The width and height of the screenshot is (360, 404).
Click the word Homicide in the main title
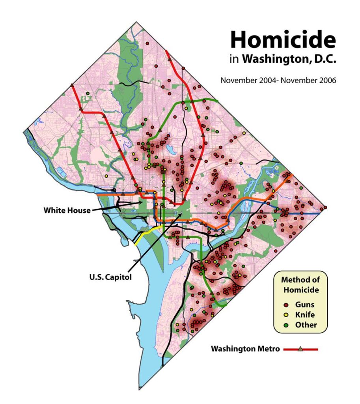pos(283,39)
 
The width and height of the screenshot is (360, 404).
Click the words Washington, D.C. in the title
pos(289,59)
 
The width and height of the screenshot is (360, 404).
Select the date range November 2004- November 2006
pos(278,80)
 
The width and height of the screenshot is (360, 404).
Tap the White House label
pos(67,210)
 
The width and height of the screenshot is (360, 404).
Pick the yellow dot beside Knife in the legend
pos(287,315)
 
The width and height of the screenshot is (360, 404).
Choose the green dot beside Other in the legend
pos(287,325)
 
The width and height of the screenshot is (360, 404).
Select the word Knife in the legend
pos(304,315)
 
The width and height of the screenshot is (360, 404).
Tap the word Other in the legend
pos(306,325)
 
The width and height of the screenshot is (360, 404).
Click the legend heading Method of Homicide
pos(300,284)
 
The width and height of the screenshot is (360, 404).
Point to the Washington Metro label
pos(245,349)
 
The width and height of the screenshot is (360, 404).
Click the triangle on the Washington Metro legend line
pos(300,349)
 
